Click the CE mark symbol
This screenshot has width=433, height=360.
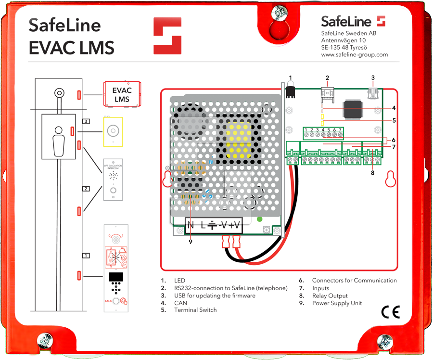(x=390, y=311)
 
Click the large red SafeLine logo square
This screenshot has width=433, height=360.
(x=167, y=36)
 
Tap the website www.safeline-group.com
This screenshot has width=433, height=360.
(x=354, y=55)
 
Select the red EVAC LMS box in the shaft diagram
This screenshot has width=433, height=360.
(x=121, y=94)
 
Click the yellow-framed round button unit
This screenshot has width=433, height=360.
(x=113, y=131)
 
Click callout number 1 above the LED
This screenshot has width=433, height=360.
(x=290, y=77)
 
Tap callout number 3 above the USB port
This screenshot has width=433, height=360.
(x=372, y=77)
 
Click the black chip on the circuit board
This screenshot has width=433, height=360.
(x=353, y=110)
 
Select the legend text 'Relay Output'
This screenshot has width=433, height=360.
(x=330, y=296)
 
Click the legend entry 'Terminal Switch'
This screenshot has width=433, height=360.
(x=195, y=310)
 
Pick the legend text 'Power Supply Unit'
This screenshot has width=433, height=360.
(x=337, y=303)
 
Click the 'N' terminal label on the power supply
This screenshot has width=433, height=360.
(x=191, y=225)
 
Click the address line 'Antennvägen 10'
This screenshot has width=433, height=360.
(x=343, y=40)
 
